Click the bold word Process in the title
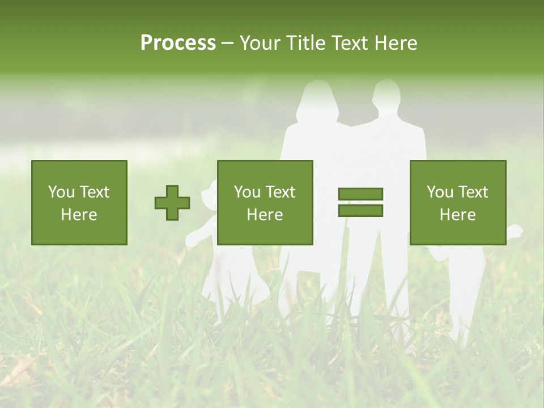pyautogui.click(x=178, y=43)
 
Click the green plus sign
pyautogui.click(x=172, y=203)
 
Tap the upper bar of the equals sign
pyautogui.click(x=360, y=194)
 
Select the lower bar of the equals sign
pyautogui.click(x=360, y=211)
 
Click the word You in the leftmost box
pyautogui.click(x=61, y=192)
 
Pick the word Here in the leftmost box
pyautogui.click(x=79, y=215)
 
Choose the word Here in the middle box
pyautogui.click(x=265, y=215)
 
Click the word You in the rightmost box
pyautogui.click(x=440, y=192)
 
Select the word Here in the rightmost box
pyautogui.click(x=457, y=215)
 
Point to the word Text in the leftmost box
pyautogui.click(x=94, y=192)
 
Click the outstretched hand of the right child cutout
pyautogui.click(x=516, y=231)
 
